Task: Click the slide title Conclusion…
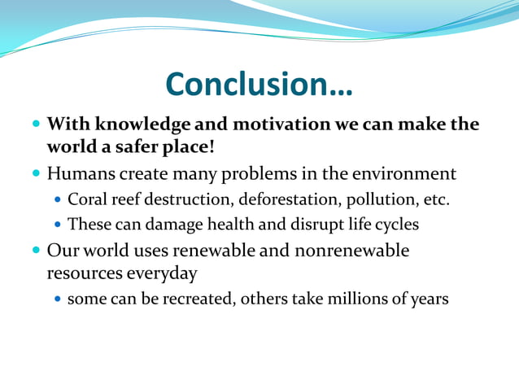(259, 83)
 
